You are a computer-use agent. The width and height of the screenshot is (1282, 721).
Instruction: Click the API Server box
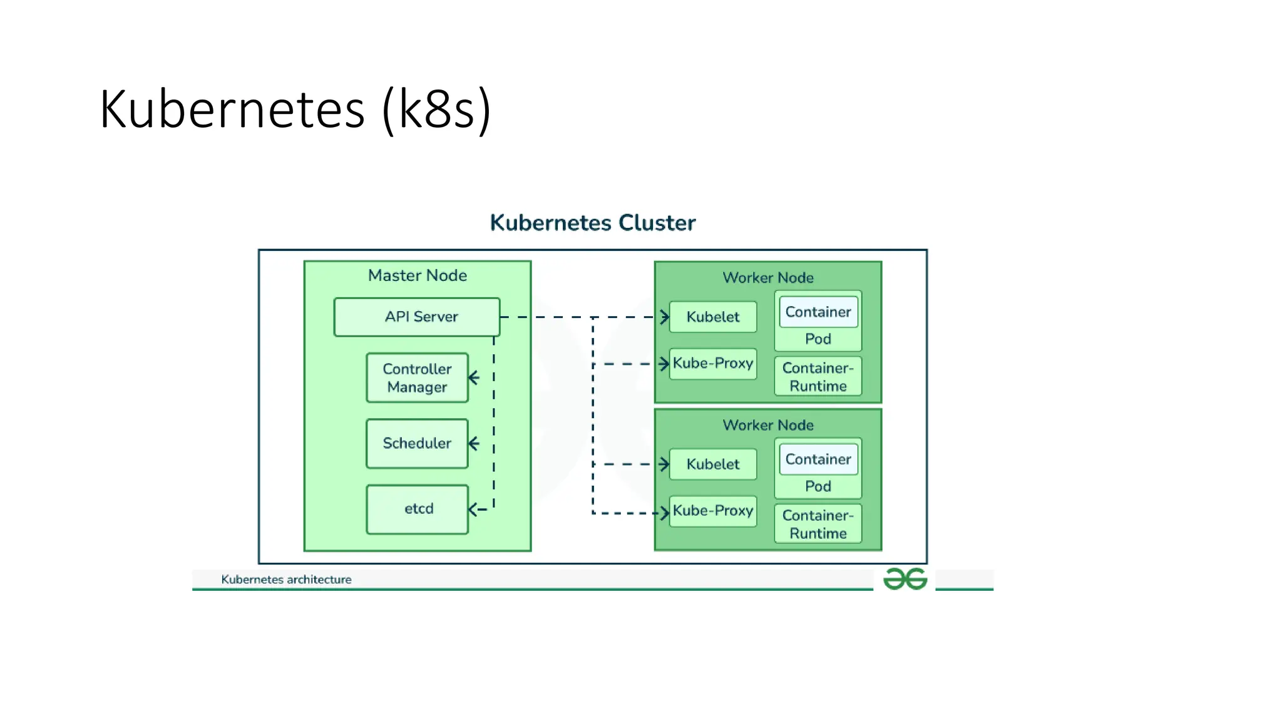coord(417,317)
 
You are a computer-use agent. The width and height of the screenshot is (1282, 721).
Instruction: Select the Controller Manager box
coord(417,378)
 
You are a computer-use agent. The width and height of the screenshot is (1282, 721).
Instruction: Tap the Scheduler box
coord(417,444)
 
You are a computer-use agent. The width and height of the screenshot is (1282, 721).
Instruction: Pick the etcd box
coord(417,509)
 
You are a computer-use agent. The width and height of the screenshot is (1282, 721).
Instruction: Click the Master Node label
coord(418,275)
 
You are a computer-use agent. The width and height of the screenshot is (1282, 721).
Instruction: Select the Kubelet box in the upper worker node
coord(712,317)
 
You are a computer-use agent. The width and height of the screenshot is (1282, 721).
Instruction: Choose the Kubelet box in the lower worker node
coord(712,464)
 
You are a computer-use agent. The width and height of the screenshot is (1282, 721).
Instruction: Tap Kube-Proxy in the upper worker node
coord(712,364)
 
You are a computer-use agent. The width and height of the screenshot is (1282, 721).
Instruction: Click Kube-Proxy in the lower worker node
coord(712,511)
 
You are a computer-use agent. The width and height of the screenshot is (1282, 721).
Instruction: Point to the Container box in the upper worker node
coord(818,312)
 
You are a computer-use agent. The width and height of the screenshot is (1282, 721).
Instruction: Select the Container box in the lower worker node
coord(818,459)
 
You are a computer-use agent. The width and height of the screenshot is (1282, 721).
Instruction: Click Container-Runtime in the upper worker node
coord(818,377)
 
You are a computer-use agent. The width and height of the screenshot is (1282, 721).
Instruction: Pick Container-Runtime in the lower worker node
coord(818,524)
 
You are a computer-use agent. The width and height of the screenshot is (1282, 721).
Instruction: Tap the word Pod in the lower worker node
coord(818,486)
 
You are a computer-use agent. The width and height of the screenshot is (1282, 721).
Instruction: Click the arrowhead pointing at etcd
coord(473,509)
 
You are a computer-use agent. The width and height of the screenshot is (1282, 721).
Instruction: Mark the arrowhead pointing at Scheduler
coord(473,444)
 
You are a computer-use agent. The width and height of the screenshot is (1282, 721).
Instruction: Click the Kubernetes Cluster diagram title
coord(592,223)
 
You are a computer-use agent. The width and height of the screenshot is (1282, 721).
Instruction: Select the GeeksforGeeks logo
coord(905,579)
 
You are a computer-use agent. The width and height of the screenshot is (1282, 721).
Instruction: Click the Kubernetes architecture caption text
coord(286,580)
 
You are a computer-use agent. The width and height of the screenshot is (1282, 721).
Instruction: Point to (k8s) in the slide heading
coord(436,110)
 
